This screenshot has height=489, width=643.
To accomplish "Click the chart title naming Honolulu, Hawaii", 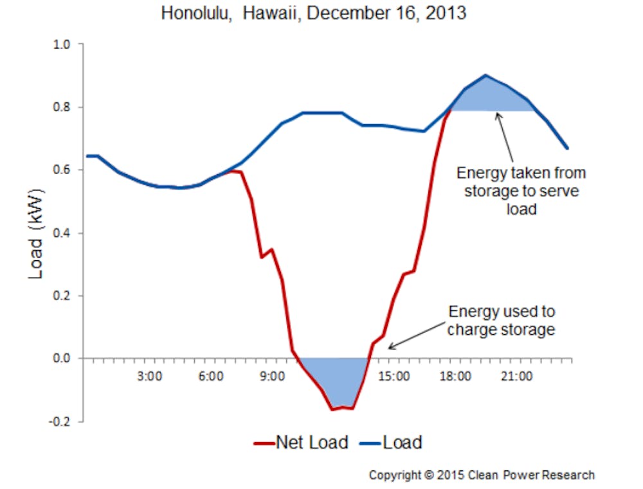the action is point(314,13).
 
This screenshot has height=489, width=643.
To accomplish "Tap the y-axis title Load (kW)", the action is point(36,234).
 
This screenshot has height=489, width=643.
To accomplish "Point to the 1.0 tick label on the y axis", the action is point(62,44).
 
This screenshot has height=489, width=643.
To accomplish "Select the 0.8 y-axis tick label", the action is point(62,107).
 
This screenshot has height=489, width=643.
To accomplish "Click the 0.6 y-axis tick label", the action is point(62,170).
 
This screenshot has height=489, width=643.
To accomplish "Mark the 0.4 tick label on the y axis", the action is point(62,233).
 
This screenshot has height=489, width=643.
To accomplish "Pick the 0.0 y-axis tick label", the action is point(62,359).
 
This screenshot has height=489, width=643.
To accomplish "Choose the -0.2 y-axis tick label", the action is point(59,422).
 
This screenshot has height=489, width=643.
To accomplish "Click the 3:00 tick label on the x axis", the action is point(150,377).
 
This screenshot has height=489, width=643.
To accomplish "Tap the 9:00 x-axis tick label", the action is point(272,377).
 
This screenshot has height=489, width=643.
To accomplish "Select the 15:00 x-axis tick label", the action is point(394,377).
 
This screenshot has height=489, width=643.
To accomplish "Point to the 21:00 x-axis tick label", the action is point(517,377).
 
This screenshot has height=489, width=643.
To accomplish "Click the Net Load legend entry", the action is point(302,443).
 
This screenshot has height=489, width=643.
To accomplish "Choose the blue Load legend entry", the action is point(391,443).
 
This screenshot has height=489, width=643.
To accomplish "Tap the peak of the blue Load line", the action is point(486,75).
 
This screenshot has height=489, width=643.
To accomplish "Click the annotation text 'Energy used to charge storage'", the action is point(501,321).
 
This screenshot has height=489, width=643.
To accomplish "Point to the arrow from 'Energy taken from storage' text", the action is point(505,137).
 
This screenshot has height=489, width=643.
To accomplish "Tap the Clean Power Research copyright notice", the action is point(482,475).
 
